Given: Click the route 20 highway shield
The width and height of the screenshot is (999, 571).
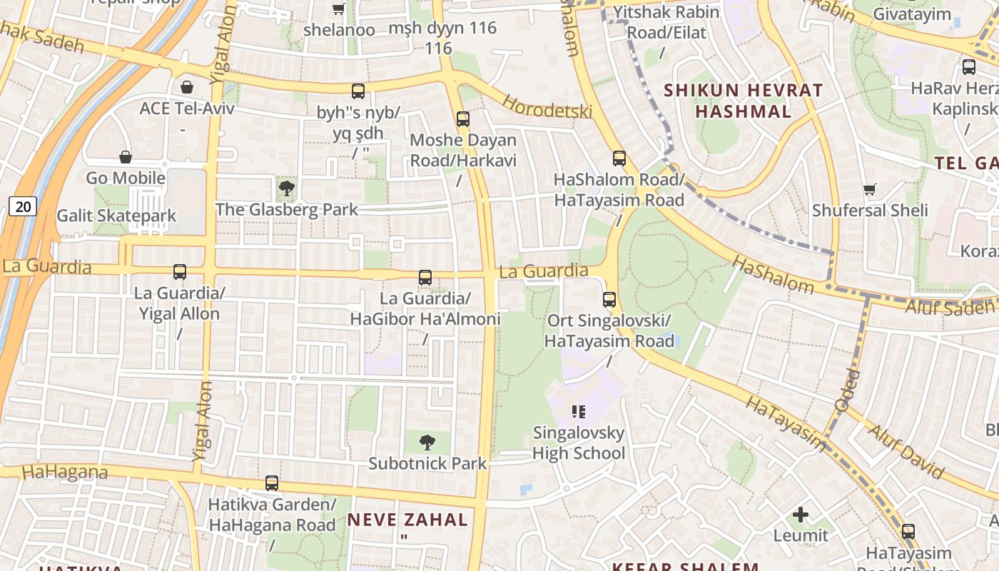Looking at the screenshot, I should coord(23,207).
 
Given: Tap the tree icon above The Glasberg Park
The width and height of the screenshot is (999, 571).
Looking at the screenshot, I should coord(286,189).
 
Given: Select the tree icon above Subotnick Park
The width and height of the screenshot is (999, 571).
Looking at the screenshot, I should coord(427,443).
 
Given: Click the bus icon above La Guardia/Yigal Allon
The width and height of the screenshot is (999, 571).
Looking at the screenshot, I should coord(179,272).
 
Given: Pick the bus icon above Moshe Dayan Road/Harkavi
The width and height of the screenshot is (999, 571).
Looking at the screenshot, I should coord(462,119).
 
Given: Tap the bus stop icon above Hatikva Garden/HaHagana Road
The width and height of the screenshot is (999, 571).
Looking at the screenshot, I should coord(271,483).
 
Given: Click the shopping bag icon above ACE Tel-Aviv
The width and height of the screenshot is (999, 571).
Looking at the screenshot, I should coord(186,87).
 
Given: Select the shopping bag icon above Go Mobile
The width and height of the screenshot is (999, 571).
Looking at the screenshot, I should coord(126,157).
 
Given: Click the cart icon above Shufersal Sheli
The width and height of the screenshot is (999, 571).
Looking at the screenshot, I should coord(869,189).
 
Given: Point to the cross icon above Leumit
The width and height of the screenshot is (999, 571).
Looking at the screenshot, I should coord(801,515).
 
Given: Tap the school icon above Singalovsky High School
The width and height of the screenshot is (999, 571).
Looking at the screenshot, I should coord(579,411).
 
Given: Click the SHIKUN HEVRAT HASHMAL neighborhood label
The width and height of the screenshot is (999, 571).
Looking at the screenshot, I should coord(744,101).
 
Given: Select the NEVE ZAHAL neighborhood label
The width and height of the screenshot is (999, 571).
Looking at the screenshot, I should coord(407,520).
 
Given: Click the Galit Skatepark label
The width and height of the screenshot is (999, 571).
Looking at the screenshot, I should coord(116,216).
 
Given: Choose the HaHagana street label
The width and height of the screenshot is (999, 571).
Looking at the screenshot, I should coord(64,472).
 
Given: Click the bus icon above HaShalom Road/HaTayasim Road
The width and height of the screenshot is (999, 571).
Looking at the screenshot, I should coord(619,158).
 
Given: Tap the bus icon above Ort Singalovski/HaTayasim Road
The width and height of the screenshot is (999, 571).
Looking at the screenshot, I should coord(609,300).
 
